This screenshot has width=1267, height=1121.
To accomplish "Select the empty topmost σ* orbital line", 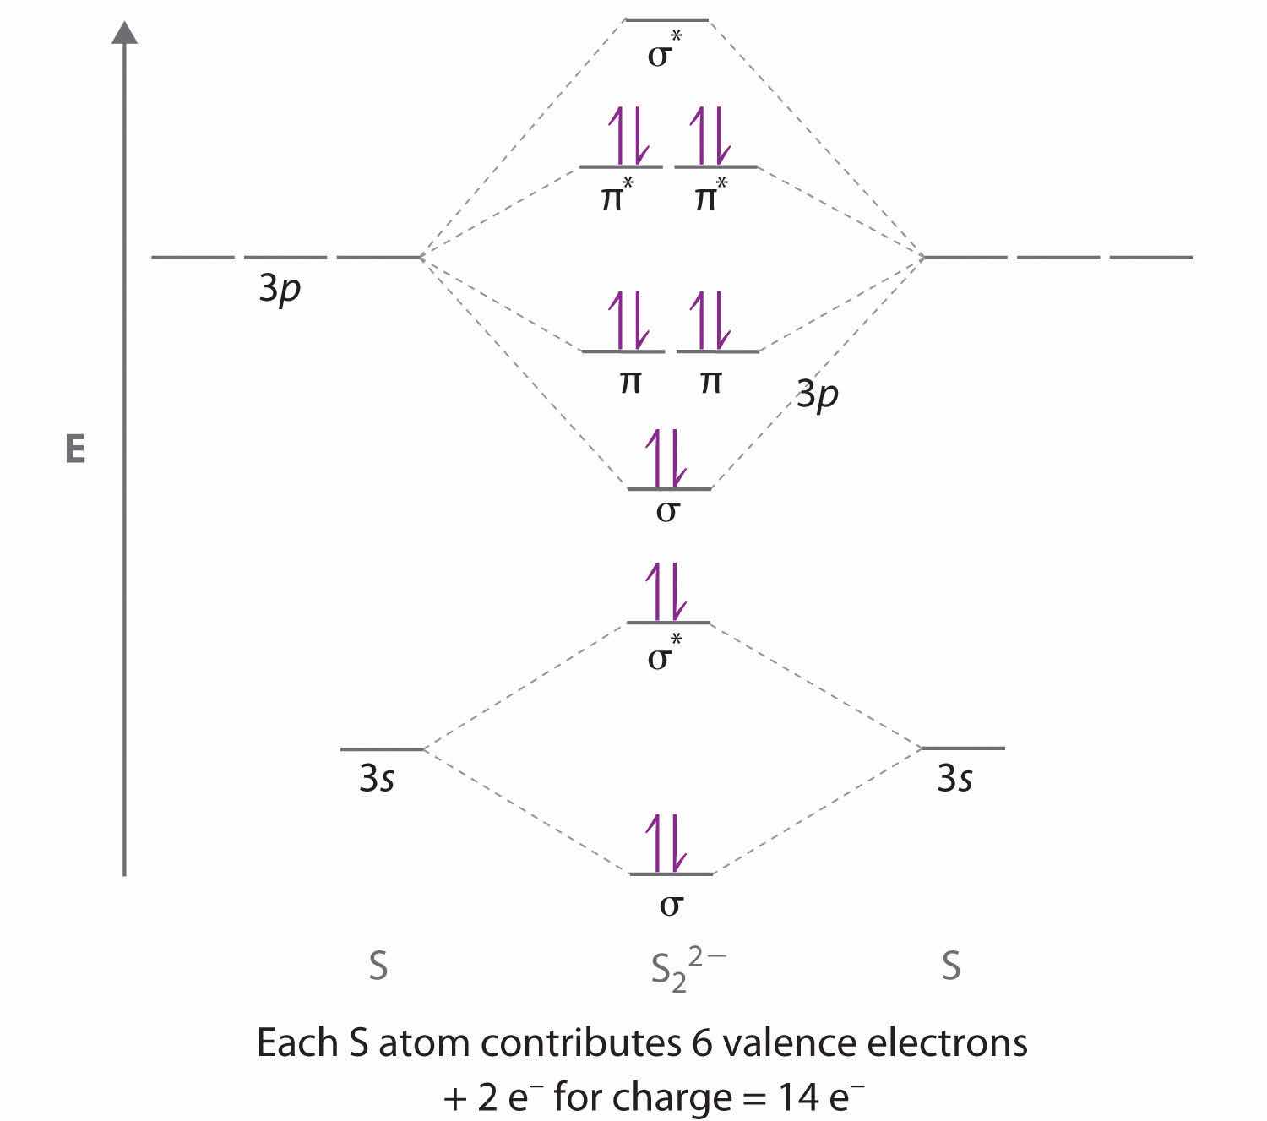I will coord(666,19).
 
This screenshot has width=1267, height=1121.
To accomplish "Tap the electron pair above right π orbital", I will coord(710,320).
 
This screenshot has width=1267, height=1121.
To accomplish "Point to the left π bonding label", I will coord(629,383).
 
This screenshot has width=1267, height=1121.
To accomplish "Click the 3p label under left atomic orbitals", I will coord(280,291).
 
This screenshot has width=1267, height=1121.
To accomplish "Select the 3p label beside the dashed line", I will coord(817,395).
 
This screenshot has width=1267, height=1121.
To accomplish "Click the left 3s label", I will coord(377,779).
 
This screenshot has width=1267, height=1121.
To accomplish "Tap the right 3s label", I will coord(954,779).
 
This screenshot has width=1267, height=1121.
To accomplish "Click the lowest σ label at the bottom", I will coord(671,905).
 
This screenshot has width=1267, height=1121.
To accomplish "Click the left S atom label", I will coord(378,966).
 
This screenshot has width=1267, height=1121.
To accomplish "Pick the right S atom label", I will coord(951,966).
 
